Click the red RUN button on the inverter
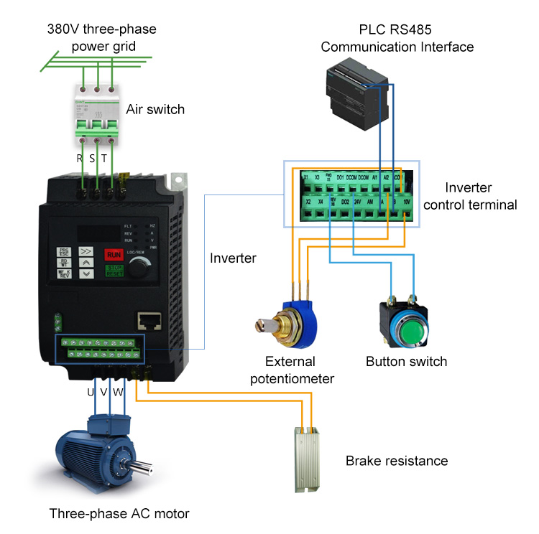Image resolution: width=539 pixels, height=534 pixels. coord(114,254)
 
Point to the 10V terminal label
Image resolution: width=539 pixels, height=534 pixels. coord(407,202)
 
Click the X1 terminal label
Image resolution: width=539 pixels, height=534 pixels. coord(305,177)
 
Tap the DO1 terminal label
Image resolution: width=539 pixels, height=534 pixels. coord(341,177)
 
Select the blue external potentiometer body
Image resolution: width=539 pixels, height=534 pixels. coord(301,315)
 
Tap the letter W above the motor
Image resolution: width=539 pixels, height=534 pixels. coord(119,393)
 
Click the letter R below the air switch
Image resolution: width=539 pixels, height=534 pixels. coord(80,159)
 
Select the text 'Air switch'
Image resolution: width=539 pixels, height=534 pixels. coord(155,110)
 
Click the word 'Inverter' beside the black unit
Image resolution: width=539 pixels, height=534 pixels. coord(233,258)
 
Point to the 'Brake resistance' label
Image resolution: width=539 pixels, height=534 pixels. coord(396,461)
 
